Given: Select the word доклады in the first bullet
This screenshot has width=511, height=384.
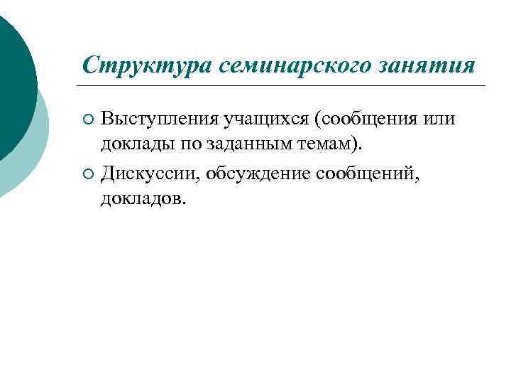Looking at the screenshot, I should click(x=131, y=144).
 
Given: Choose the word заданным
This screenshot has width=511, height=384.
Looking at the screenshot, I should click(x=238, y=144).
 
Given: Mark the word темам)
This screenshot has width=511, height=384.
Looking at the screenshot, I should click(x=323, y=144).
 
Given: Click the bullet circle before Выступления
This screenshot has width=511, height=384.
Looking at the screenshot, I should click(x=87, y=118).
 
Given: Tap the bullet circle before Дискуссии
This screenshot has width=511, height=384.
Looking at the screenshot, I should click(x=87, y=172).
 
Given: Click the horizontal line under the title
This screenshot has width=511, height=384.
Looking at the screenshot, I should click(x=284, y=86).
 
